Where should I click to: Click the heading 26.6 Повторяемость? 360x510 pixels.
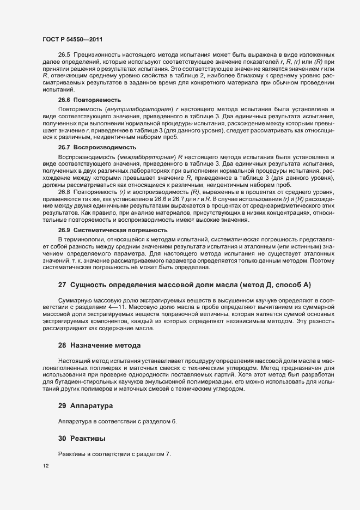[x=89, y=100]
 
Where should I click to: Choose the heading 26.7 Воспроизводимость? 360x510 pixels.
[x=97, y=148]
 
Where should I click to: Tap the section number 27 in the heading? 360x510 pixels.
[x=62, y=285]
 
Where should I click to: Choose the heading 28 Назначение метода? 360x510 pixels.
[x=99, y=346]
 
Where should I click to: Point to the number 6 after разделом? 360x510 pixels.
[x=175, y=421]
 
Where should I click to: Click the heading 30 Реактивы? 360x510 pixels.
[x=82, y=438]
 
